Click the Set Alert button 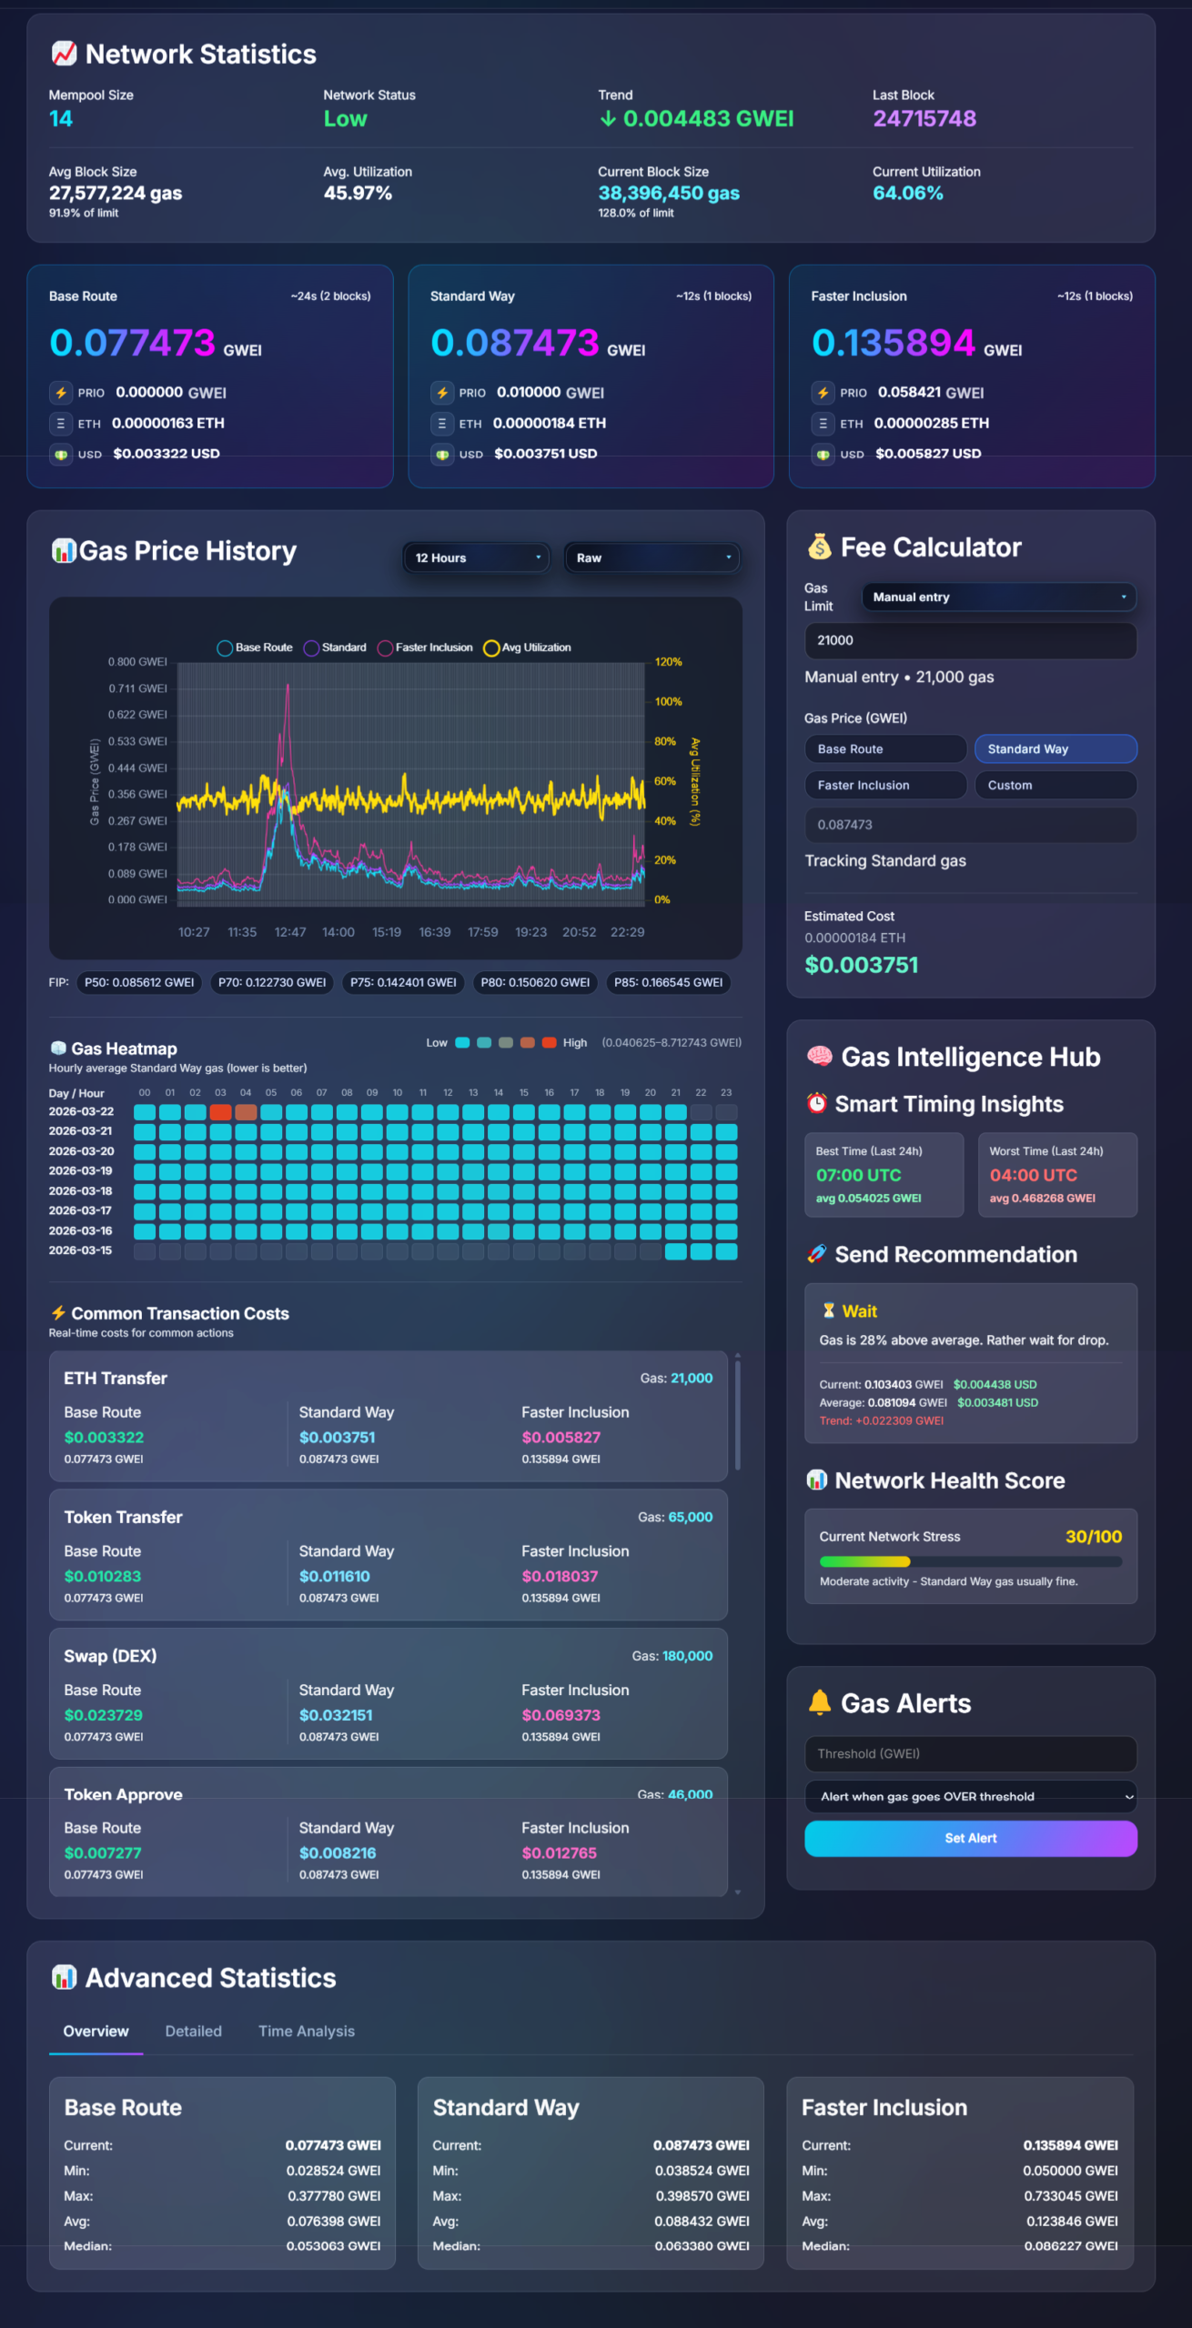pyautogui.click(x=970, y=1838)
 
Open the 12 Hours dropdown pyautogui.click(x=476, y=557)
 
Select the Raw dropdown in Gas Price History pyautogui.click(x=652, y=557)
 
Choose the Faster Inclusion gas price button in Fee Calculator pyautogui.click(x=884, y=785)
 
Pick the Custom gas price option pyautogui.click(x=1056, y=785)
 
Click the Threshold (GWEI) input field pyautogui.click(x=970, y=1753)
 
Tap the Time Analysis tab pyautogui.click(x=306, y=2031)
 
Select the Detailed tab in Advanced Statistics pyautogui.click(x=193, y=2031)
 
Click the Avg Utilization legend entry pyautogui.click(x=528, y=647)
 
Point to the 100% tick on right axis pyautogui.click(x=668, y=701)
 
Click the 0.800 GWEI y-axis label pyautogui.click(x=137, y=661)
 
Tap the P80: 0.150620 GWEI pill pyautogui.click(x=535, y=982)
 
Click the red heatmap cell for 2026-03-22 pyautogui.click(x=220, y=1111)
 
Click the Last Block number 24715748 pyautogui.click(x=924, y=118)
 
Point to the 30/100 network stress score pyautogui.click(x=1093, y=1536)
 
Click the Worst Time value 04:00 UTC pyautogui.click(x=1033, y=1175)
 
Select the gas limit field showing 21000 pyautogui.click(x=970, y=640)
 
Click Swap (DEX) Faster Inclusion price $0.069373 pyautogui.click(x=561, y=1714)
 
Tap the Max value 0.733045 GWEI pyautogui.click(x=1070, y=2195)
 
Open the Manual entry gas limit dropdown pyautogui.click(x=998, y=597)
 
